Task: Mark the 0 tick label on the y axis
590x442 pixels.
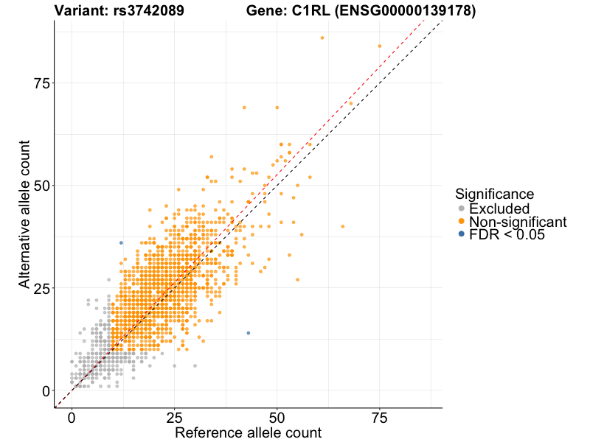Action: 45,390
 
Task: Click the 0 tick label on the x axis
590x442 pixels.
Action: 72,418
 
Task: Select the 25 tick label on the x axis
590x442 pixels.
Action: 174,418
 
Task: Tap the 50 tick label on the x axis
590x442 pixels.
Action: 277,418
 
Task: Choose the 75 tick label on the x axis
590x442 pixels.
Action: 379,418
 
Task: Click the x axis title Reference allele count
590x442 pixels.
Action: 248,432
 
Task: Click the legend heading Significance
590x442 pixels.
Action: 494,194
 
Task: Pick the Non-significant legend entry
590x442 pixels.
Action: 517,222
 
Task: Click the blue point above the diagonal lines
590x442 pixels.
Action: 121,243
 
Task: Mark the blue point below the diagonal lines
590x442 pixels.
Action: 248,333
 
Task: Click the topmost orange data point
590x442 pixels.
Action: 322,38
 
